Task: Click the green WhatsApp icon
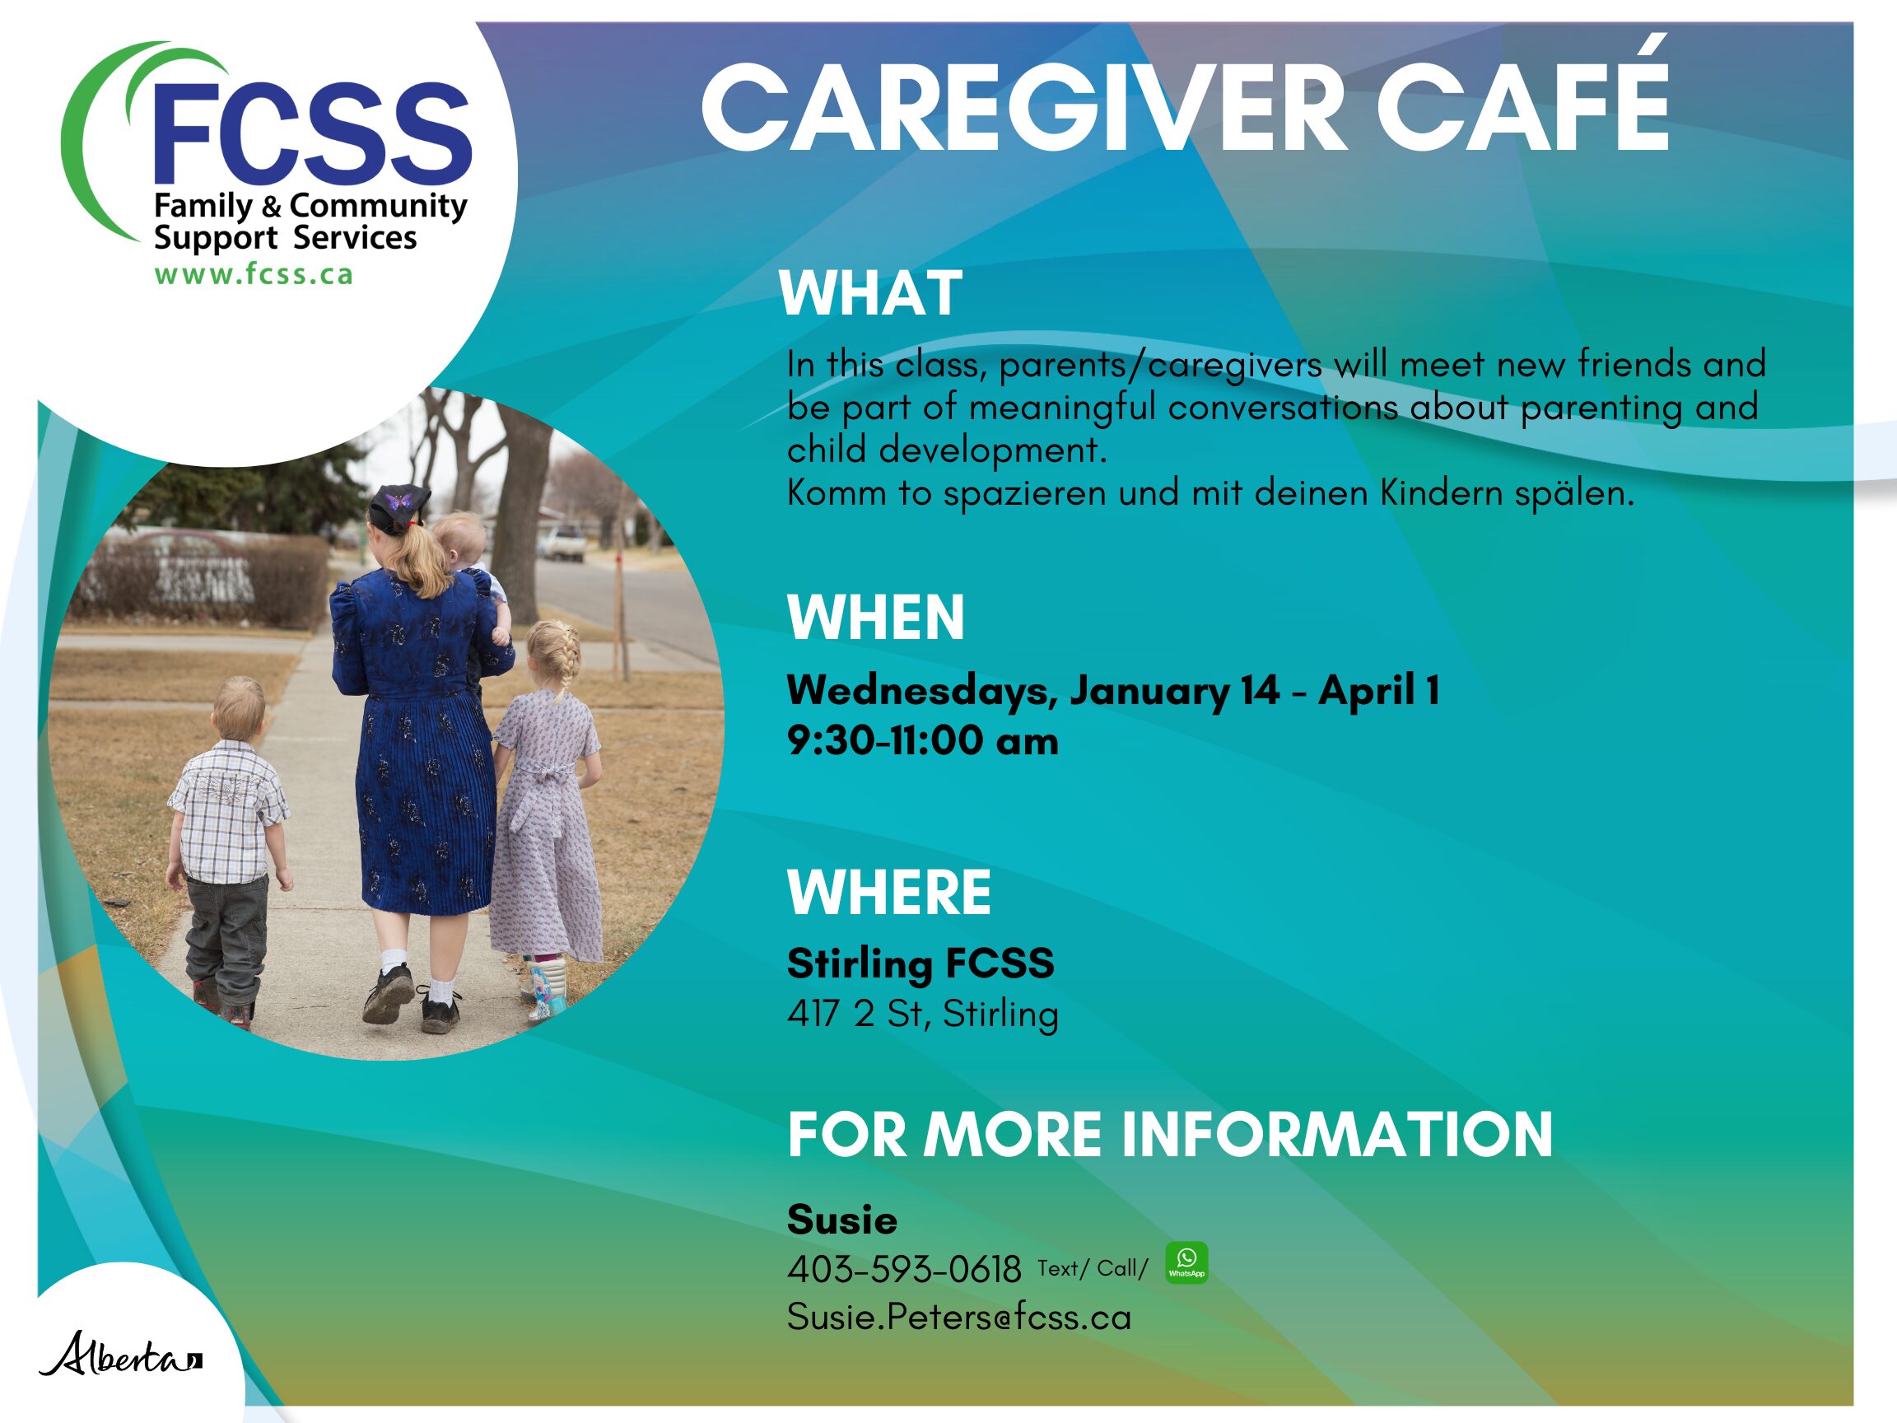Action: click(x=1186, y=1262)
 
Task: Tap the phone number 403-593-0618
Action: click(x=904, y=1270)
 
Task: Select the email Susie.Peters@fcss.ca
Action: click(x=958, y=1318)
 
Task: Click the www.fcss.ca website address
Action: click(x=253, y=274)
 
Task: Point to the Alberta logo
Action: click(x=121, y=1355)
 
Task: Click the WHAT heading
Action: click(x=870, y=293)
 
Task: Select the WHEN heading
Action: click(x=875, y=618)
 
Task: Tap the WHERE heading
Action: click(x=889, y=892)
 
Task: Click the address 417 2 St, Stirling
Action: click(x=923, y=1014)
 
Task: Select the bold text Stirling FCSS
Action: click(x=921, y=964)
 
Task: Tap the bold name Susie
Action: click(x=842, y=1220)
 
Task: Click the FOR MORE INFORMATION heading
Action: click(x=1170, y=1134)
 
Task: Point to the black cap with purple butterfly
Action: click(x=399, y=502)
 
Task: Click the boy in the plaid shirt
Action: click(x=227, y=849)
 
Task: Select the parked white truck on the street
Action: click(x=562, y=543)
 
